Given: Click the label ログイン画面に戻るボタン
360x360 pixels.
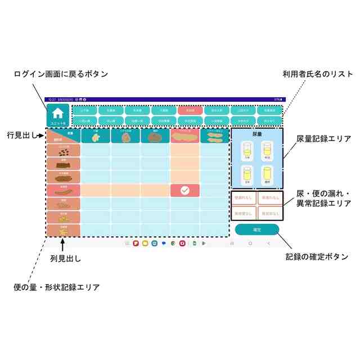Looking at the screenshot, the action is click(x=61, y=74).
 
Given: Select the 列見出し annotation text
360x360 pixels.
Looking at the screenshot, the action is click(x=66, y=259).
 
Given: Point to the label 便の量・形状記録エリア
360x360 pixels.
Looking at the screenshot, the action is click(x=56, y=287).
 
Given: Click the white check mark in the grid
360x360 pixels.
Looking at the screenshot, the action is click(x=185, y=190).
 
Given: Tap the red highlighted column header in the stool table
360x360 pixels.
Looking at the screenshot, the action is click(x=185, y=136).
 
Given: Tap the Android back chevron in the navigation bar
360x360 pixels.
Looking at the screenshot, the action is click(x=269, y=244).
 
